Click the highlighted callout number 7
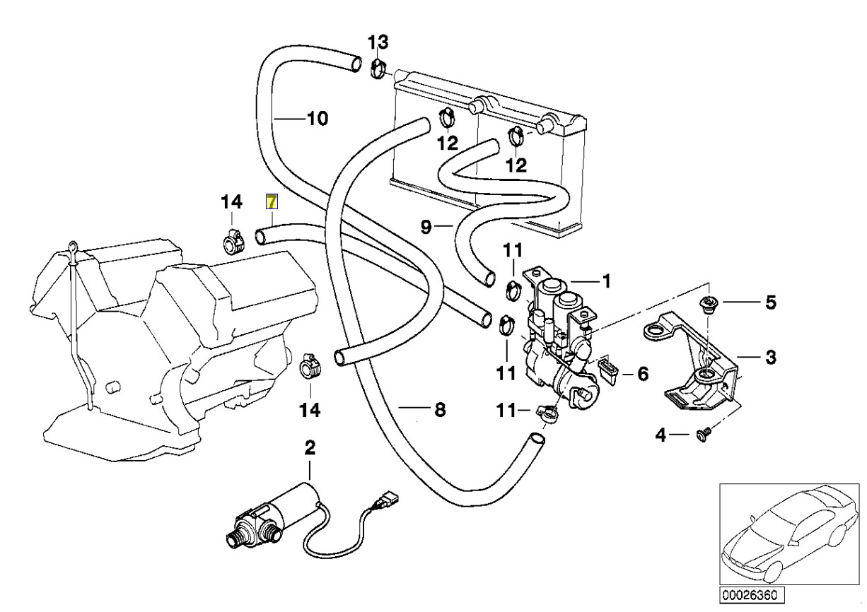pyautogui.click(x=272, y=202)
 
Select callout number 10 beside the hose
pyautogui.click(x=317, y=119)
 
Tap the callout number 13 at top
pyautogui.click(x=378, y=42)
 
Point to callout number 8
pyautogui.click(x=439, y=409)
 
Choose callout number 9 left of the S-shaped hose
pyautogui.click(x=426, y=227)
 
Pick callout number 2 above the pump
pyautogui.click(x=310, y=447)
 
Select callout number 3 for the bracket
pyautogui.click(x=770, y=357)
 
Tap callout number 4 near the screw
pyautogui.click(x=660, y=435)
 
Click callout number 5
pyautogui.click(x=770, y=303)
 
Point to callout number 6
pyautogui.click(x=642, y=373)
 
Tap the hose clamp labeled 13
pyautogui.click(x=379, y=69)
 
